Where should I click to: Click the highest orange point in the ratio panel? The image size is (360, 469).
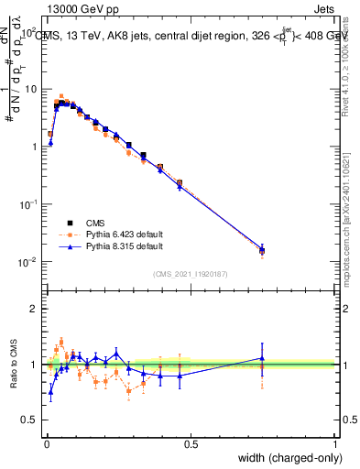pyautogui.click(x=61, y=342)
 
